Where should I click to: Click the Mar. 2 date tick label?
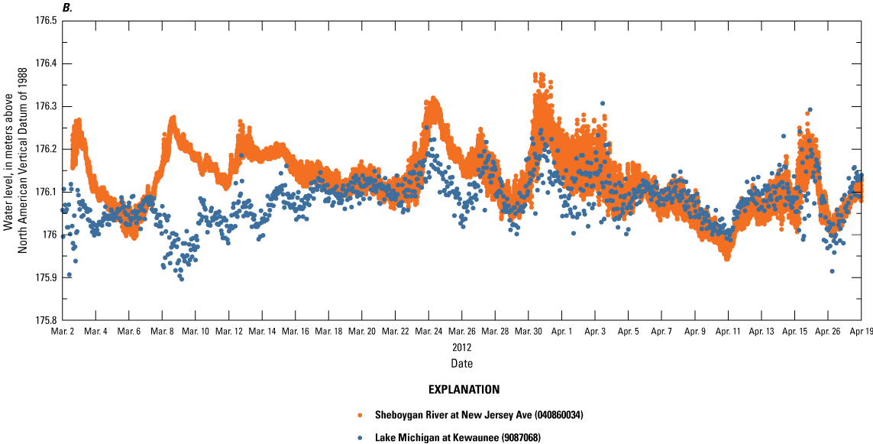coord(63,332)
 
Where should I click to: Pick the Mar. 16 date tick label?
coord(295,332)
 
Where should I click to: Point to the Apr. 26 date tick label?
coord(828,332)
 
